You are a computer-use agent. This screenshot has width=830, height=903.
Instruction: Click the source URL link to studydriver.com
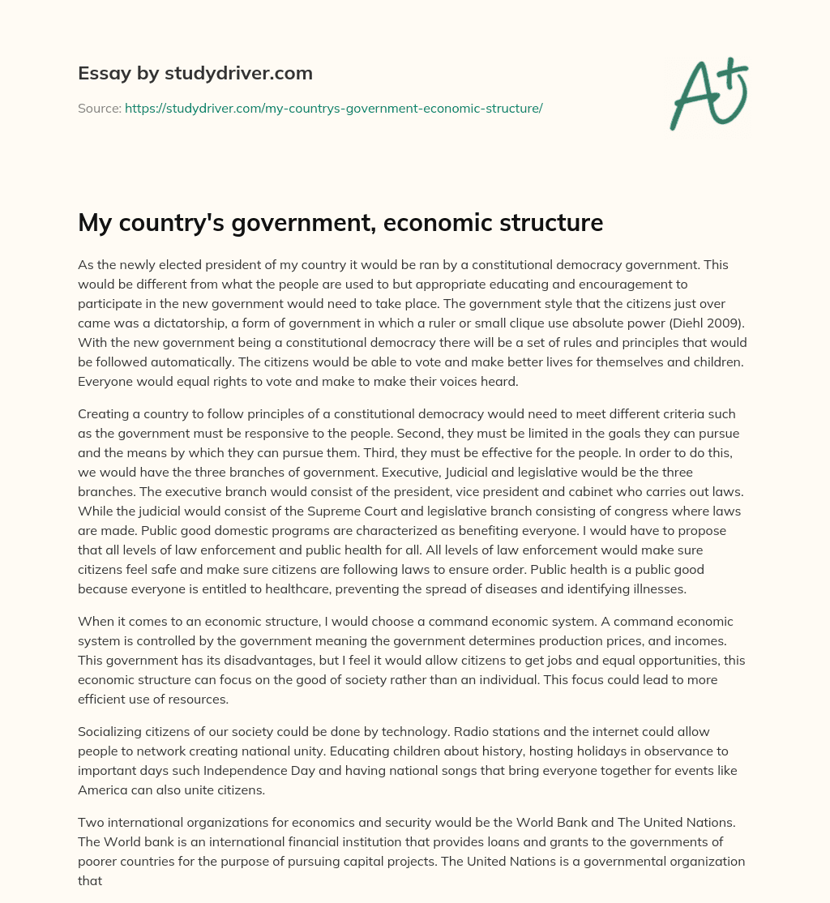point(333,108)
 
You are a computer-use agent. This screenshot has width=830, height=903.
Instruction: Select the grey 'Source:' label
point(99,108)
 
